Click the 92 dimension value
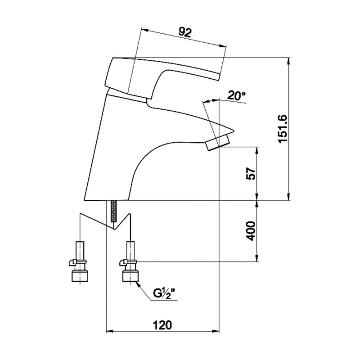pyautogui.click(x=185, y=32)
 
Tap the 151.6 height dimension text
pyautogui.click(x=282, y=129)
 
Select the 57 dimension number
pyautogui.click(x=251, y=174)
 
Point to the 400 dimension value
pyautogui.click(x=251, y=231)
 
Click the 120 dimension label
pyautogui.click(x=162, y=325)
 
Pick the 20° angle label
pyautogui.click(x=237, y=95)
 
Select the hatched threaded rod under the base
pyautogui.click(x=113, y=211)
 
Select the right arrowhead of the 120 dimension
pyautogui.click(x=216, y=331)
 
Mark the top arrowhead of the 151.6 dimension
pyautogui.click(x=289, y=61)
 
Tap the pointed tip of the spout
pyautogui.click(x=234, y=131)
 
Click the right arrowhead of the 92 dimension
pyautogui.click(x=223, y=46)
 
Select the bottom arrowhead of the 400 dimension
pyautogui.click(x=257, y=258)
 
